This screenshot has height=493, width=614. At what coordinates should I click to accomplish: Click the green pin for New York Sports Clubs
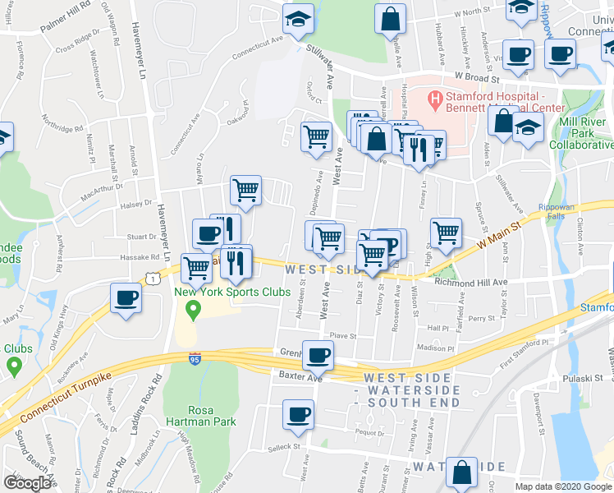pos(194,311)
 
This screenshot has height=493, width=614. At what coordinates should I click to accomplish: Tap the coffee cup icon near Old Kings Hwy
pos(126,298)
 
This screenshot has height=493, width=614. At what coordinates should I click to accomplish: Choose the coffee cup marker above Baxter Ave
pos(318,354)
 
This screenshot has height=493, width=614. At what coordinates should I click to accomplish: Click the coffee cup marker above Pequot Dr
pos(298,414)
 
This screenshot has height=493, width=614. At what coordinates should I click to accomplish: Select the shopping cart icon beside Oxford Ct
pos(316,136)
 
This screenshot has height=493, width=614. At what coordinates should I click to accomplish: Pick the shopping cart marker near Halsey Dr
pos(245,191)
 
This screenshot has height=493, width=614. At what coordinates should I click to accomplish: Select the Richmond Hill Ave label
pos(472,281)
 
